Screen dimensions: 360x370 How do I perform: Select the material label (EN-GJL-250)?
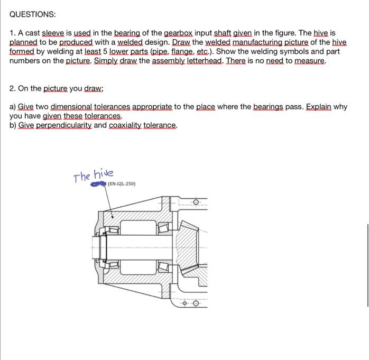click(121, 184)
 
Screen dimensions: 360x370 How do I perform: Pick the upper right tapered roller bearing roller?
click(163, 229)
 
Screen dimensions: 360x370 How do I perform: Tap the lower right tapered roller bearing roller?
click(163, 269)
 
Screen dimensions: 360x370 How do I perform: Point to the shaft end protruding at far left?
click(96, 249)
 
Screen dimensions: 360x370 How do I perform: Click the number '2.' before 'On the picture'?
click(13, 88)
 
